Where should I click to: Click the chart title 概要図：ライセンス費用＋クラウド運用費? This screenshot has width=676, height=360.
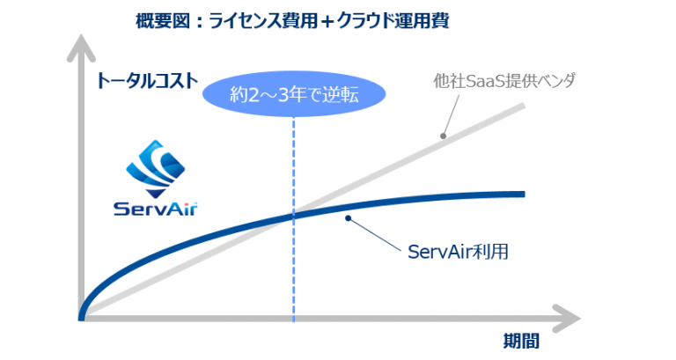click(x=292, y=21)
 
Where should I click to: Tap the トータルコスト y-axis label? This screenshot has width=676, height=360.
click(x=148, y=81)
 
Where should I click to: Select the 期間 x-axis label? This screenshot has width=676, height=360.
click(x=521, y=341)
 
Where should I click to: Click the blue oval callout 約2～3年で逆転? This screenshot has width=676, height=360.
click(x=294, y=94)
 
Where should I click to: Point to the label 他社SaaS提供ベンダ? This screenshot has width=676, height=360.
click(x=504, y=81)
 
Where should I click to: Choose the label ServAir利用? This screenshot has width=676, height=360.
click(x=458, y=252)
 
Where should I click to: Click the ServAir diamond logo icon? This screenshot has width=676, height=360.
click(x=156, y=169)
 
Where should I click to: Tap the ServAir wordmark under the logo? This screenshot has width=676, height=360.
click(x=156, y=209)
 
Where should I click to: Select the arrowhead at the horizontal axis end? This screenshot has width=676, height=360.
click(x=566, y=319)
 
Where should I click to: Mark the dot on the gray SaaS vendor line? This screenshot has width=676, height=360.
click(x=443, y=136)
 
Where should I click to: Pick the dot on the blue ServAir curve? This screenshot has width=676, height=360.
click(x=348, y=218)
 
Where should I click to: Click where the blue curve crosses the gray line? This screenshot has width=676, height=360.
click(x=294, y=214)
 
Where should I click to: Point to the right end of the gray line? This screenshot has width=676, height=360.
click(x=524, y=106)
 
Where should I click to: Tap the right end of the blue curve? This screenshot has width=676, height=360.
click(x=525, y=195)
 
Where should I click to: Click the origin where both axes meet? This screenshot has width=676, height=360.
click(x=82, y=318)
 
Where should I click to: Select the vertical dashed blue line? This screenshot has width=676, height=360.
click(x=294, y=219)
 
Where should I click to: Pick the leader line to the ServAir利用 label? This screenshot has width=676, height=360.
click(x=375, y=233)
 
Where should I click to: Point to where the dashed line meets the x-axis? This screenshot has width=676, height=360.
click(x=294, y=319)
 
